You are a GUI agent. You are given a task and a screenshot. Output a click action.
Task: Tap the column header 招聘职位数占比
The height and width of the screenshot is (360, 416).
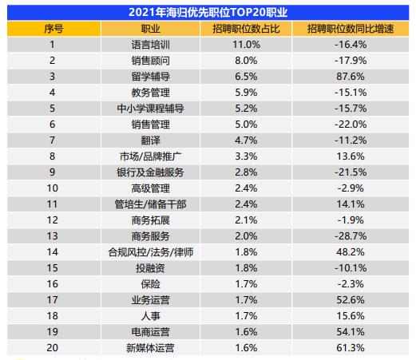(246, 29)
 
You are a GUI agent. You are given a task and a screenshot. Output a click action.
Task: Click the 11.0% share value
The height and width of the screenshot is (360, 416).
(246, 45)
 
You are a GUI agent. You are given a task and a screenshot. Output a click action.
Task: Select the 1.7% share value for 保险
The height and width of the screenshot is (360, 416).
(246, 283)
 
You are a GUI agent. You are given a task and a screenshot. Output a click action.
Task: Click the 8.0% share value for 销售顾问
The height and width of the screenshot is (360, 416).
(246, 61)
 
